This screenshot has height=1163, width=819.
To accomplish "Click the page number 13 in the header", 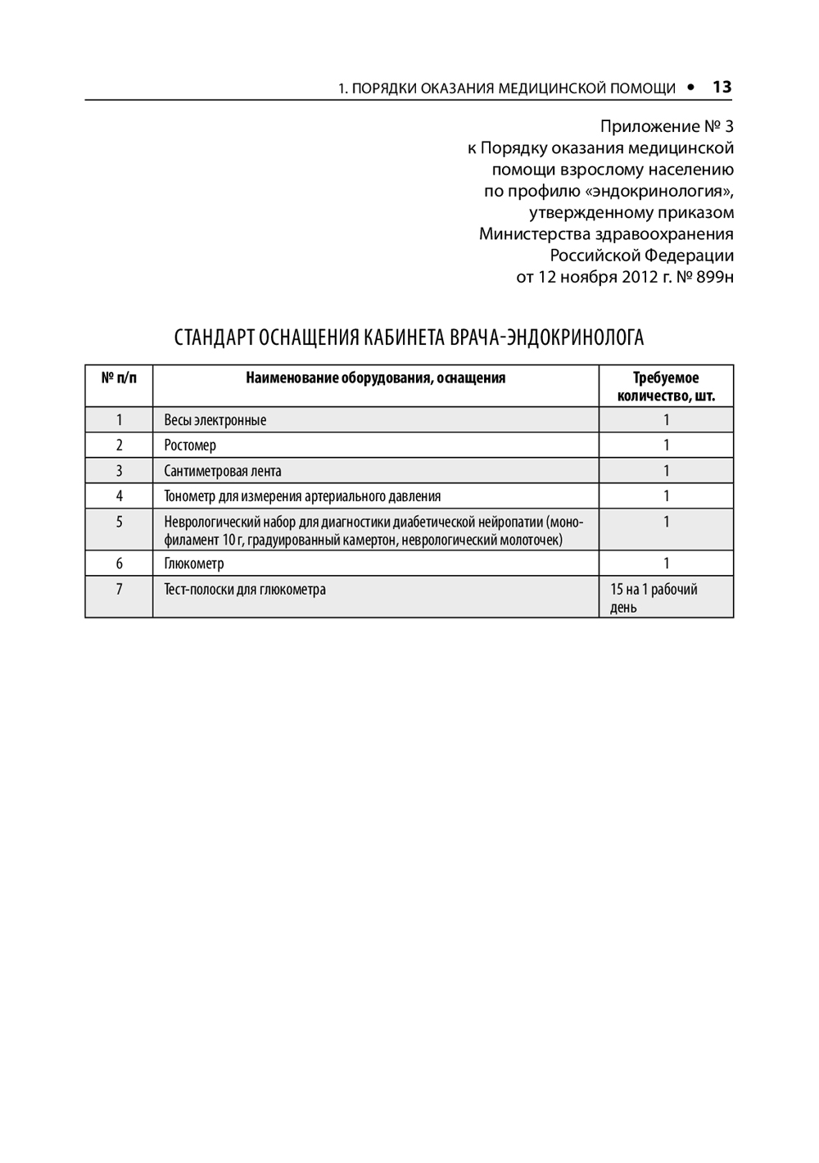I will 722,87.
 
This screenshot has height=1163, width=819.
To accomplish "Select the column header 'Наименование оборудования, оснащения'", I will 375,378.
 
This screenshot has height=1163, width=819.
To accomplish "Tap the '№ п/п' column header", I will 119,378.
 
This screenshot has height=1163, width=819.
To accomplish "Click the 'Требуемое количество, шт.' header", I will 666,387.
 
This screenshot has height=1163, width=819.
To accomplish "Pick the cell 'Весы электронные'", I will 215,420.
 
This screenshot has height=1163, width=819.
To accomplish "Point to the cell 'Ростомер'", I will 190,446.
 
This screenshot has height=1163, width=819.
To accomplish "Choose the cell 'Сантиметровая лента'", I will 223,471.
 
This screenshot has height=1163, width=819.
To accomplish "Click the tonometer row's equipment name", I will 302,496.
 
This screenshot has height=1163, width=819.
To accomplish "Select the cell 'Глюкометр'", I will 194,563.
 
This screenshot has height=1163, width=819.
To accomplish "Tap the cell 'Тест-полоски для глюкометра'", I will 245,589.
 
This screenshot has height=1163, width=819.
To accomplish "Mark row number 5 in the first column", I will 119,521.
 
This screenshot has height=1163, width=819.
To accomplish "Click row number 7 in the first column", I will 119,589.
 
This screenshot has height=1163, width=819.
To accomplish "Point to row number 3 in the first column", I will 119,471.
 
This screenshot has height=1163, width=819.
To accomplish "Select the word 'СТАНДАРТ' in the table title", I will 214,337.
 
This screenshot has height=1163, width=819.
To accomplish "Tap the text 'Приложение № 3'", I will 667,127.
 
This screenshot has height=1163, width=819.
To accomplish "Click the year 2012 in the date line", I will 640,276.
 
